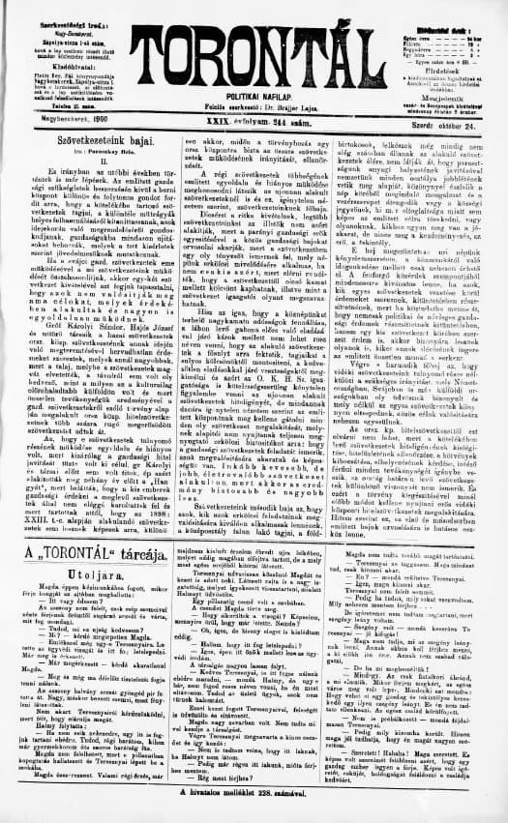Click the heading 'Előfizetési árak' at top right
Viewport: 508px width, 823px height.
pyautogui.click(x=441, y=12)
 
